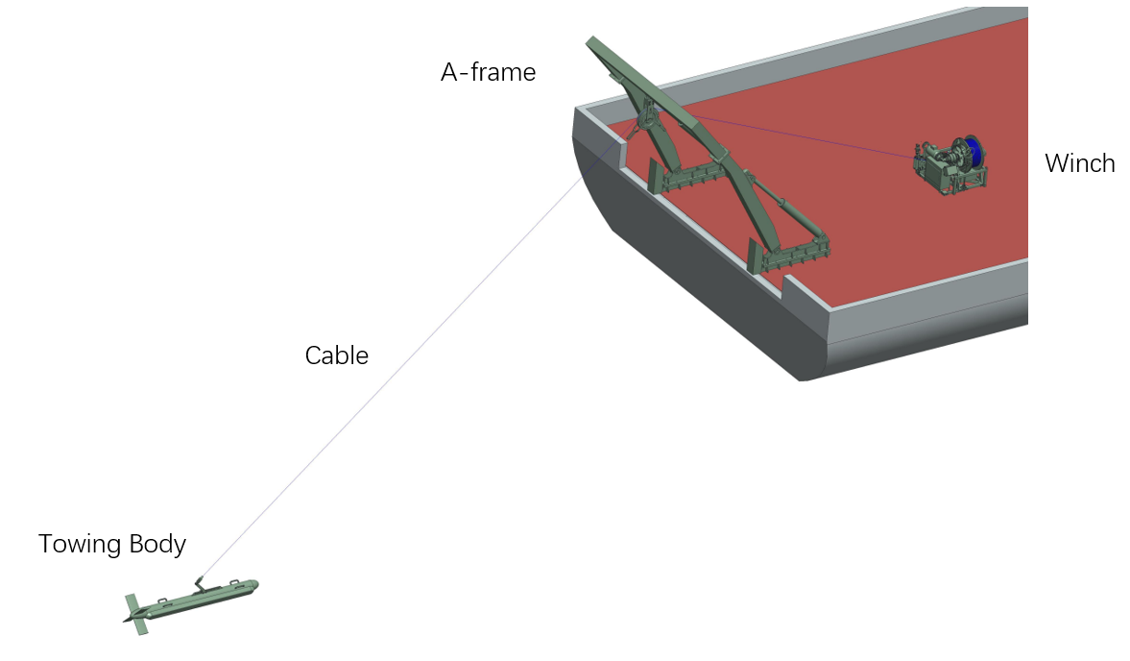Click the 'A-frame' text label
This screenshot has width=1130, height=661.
pyautogui.click(x=488, y=72)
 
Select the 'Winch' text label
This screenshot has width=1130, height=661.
pyautogui.click(x=1079, y=164)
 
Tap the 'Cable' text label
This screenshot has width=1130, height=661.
pyautogui.click(x=336, y=355)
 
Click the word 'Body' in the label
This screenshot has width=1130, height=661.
pyautogui.click(x=157, y=545)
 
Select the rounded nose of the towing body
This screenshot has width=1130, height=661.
pyautogui.click(x=252, y=584)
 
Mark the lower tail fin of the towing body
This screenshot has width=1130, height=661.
pyautogui.click(x=140, y=625)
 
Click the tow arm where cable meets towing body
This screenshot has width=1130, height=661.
pyautogui.click(x=199, y=581)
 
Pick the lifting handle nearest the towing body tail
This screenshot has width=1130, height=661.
pyautogui.click(x=163, y=601)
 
